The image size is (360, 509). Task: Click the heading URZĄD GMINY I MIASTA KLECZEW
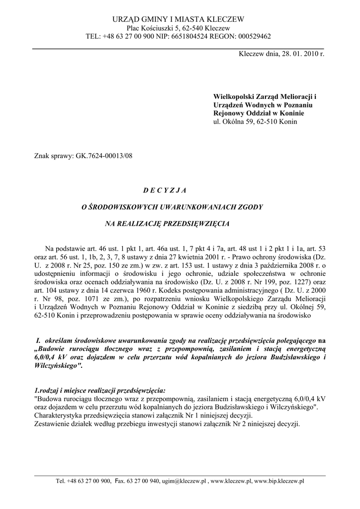point(179,19)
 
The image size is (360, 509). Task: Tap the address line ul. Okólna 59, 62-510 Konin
point(252,121)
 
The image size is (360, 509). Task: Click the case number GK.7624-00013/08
point(104,155)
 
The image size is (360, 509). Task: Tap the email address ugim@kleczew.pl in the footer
point(183,481)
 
